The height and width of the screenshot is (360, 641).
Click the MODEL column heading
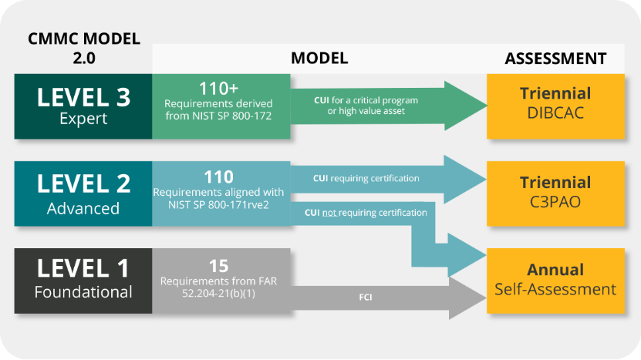point(319,59)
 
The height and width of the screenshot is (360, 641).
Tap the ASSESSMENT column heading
point(555,59)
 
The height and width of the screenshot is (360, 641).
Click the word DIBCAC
point(555,113)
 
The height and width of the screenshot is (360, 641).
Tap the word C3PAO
point(555,202)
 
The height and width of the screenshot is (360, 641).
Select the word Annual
point(555,270)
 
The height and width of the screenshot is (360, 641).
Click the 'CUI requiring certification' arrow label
point(366,179)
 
